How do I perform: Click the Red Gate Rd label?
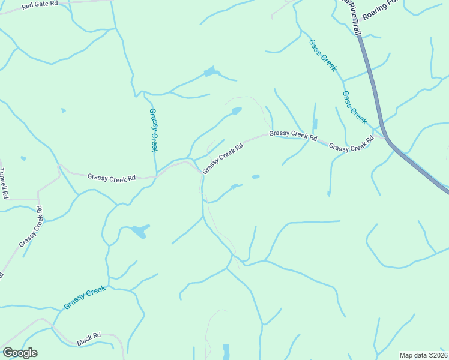tap(40, 5)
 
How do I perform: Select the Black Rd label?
tap(89, 340)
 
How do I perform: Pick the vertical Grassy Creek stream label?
tap(154, 130)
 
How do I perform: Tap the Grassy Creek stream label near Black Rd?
tap(85, 298)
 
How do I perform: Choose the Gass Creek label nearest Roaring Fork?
tap(323, 55)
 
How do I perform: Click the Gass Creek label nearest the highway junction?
tap(354, 107)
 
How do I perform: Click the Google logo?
tap(20, 353)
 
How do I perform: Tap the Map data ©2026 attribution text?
tap(423, 355)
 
